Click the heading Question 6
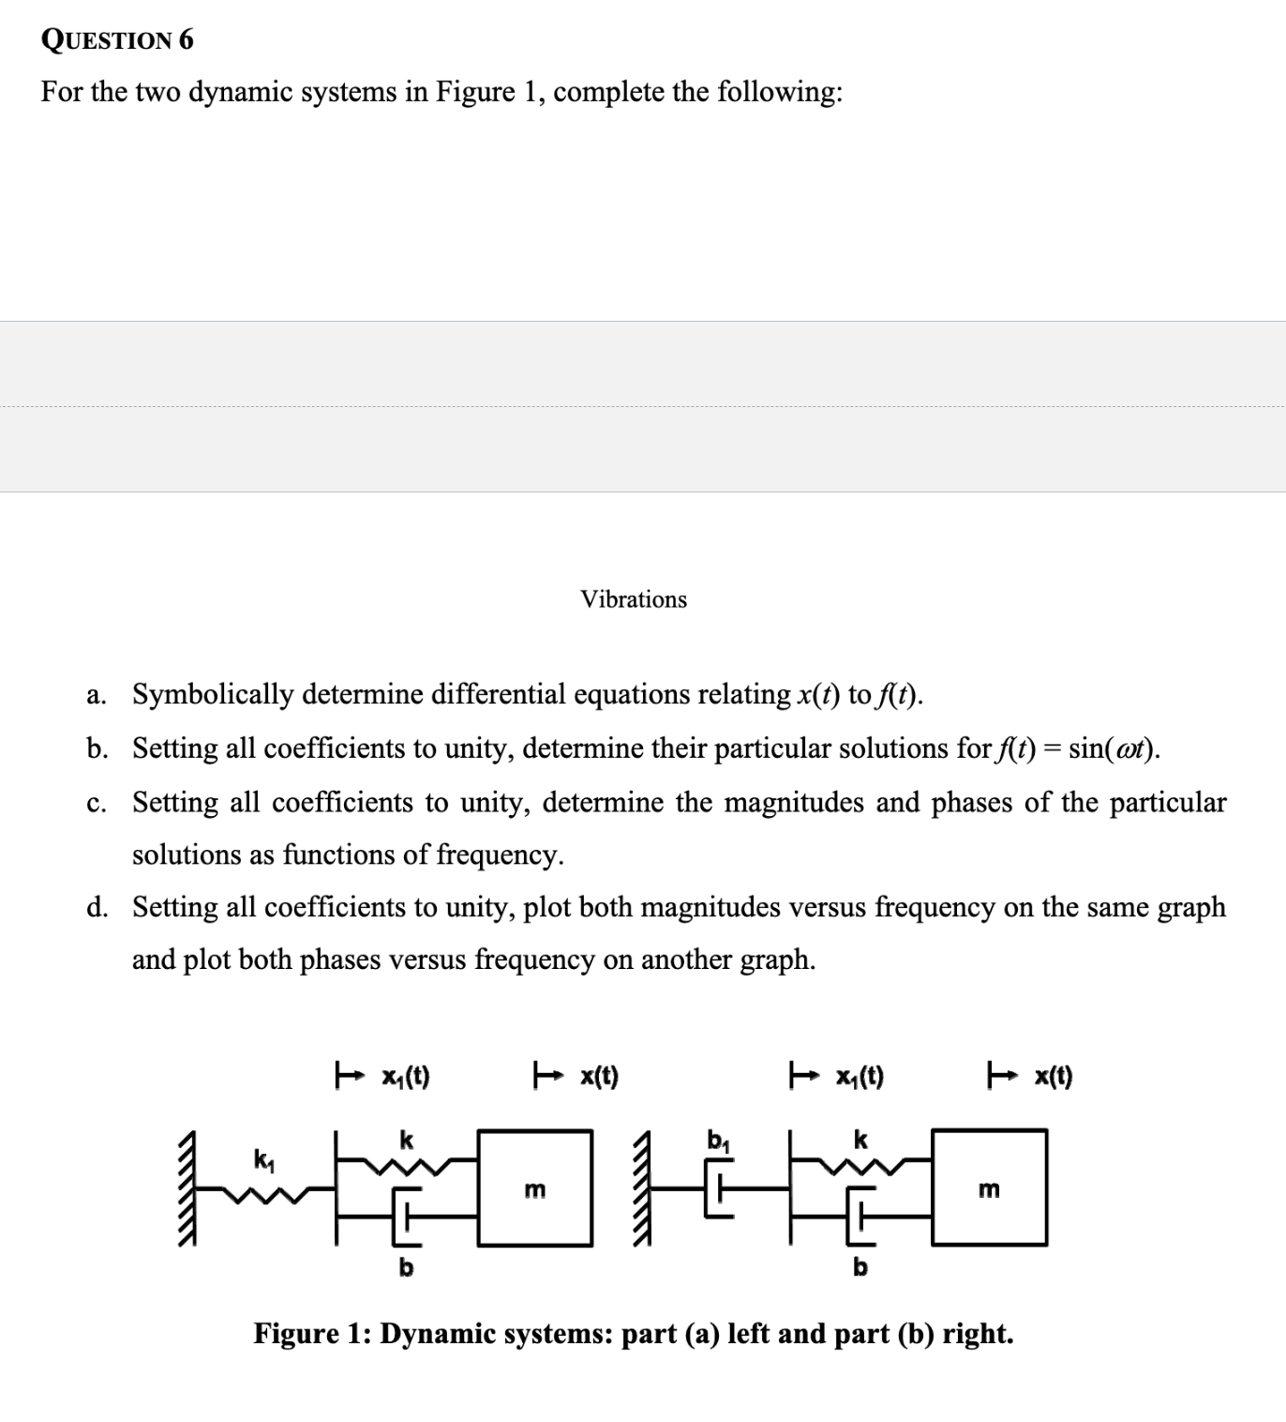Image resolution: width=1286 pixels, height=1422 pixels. [118, 39]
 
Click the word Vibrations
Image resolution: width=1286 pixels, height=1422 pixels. [634, 599]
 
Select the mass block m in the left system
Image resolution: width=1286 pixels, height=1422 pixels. [534, 1188]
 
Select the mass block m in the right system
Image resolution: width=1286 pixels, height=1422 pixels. [989, 1188]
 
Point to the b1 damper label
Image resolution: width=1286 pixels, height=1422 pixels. [718, 1142]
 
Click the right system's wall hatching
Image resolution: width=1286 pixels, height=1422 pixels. [643, 1188]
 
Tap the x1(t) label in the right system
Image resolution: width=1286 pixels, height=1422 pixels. [860, 1077]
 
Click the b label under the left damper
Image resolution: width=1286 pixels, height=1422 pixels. [406, 1267]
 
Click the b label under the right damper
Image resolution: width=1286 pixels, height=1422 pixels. [860, 1267]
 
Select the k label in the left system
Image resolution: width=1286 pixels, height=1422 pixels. [406, 1140]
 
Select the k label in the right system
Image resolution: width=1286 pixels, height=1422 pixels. [860, 1140]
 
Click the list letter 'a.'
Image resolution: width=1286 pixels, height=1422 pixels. [95, 695]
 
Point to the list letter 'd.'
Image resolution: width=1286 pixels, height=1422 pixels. [96, 907]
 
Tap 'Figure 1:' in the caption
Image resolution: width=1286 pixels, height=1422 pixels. [311, 1333]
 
